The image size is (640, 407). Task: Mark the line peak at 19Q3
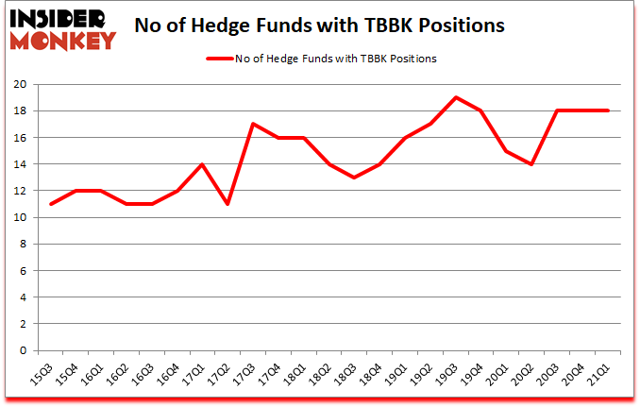coord(456,97)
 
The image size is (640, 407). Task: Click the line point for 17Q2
coord(227,204)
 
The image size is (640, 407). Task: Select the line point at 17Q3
coord(253,124)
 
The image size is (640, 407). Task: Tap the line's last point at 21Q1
coord(609,110)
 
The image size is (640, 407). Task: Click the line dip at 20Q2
coord(532,164)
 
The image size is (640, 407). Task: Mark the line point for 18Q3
coord(355,178)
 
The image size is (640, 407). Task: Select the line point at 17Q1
coord(202,164)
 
